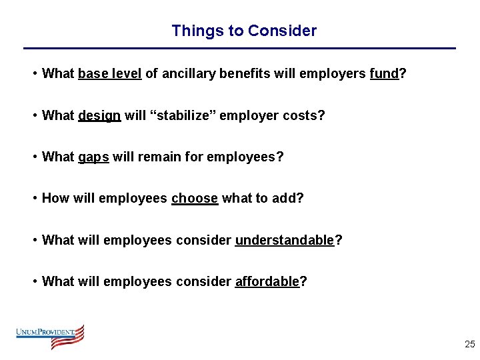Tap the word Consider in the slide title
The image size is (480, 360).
282,31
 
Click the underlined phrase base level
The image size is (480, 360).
109,74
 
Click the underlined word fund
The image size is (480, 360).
383,74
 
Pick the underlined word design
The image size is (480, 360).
99,115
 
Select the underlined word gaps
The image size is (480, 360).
93,157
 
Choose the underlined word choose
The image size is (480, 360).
195,198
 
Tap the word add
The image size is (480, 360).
287,198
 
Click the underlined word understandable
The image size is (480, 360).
284,240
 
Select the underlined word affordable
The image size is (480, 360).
267,281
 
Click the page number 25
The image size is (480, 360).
469,345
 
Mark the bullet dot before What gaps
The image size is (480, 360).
34,157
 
